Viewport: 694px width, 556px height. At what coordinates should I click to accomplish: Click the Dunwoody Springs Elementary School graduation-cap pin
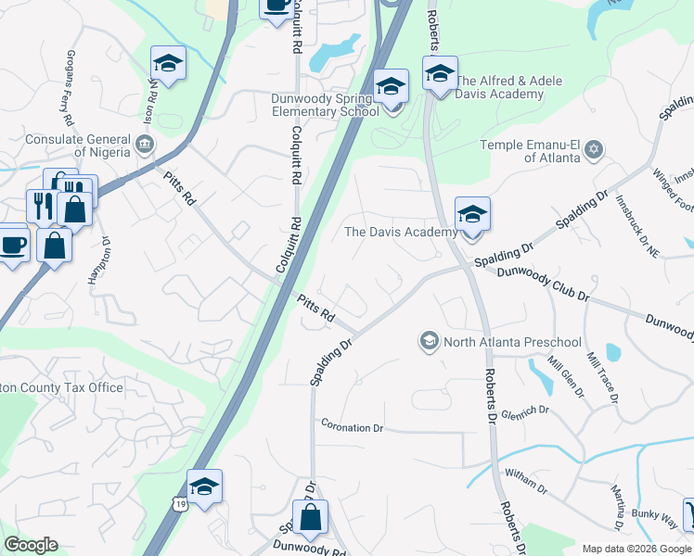pos(392,89)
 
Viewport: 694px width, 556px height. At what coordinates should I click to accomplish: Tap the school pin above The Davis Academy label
pos(471,216)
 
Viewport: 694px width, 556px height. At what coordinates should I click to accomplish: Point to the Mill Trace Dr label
pos(599,375)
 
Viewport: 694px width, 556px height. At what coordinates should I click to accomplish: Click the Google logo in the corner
pos(31,545)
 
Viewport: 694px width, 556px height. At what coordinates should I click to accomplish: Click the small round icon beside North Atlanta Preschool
pos(429,342)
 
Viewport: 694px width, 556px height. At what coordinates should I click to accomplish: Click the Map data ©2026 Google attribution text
pos(636,549)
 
